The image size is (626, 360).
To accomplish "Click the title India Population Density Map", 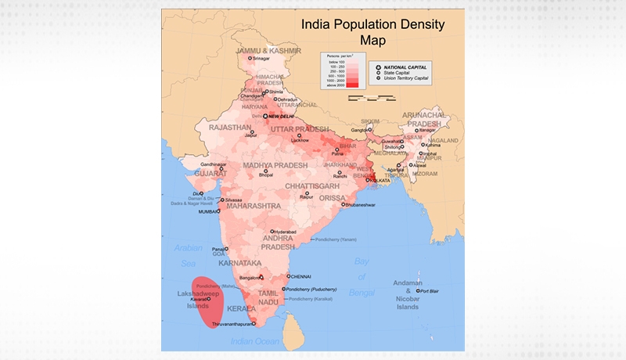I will click(x=373, y=31).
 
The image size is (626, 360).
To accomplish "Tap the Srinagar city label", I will click(x=261, y=59).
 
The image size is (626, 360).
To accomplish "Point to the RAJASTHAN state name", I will click(x=229, y=127).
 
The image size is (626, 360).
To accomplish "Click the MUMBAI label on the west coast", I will click(x=207, y=211).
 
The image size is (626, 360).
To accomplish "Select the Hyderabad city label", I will click(x=286, y=232).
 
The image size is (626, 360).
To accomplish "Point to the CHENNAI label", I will click(x=300, y=276).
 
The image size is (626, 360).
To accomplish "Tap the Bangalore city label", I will click(x=249, y=278).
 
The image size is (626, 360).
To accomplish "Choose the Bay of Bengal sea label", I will click(x=361, y=276).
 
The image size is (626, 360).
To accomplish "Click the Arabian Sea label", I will click(x=188, y=256).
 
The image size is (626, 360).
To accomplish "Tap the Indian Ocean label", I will click(x=255, y=341).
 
